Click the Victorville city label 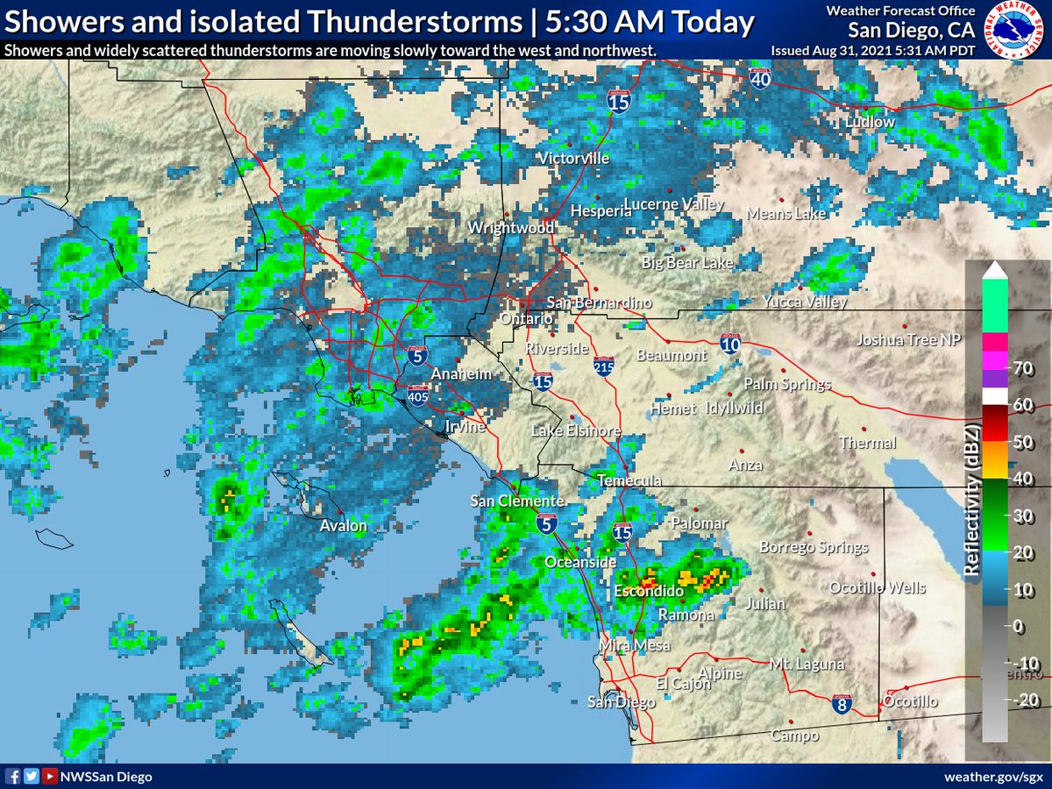pyautogui.click(x=572, y=159)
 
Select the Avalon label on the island pyautogui.click(x=343, y=526)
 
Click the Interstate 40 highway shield pyautogui.click(x=761, y=79)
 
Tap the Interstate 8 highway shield pyautogui.click(x=840, y=703)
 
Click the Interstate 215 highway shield pyautogui.click(x=603, y=366)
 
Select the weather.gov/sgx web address pyautogui.click(x=993, y=777)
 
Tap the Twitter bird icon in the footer pyautogui.click(x=31, y=777)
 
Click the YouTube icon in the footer pyautogui.click(x=50, y=777)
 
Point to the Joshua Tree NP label pyautogui.click(x=909, y=340)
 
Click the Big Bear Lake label pyautogui.click(x=687, y=262)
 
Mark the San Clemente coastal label pyautogui.click(x=516, y=501)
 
